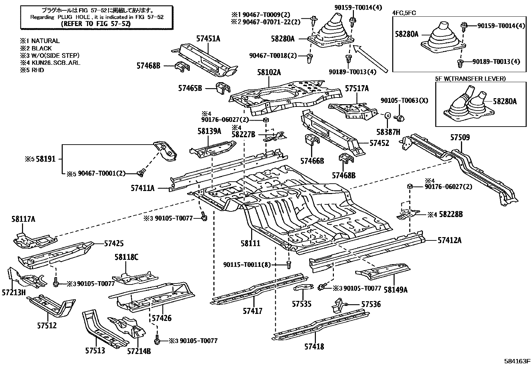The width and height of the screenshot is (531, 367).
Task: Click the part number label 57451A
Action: [208, 38]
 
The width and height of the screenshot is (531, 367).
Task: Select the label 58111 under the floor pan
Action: [250, 243]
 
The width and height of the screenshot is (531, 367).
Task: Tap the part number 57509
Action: [460, 137]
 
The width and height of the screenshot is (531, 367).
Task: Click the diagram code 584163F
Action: [517, 361]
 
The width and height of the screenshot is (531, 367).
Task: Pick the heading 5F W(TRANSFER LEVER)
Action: [470, 79]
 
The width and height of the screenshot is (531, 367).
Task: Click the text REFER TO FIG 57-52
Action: [96, 23]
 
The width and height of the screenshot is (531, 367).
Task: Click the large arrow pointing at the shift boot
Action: [370, 59]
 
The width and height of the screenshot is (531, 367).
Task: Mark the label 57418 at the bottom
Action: [314, 347]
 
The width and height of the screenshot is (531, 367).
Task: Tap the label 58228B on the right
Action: [450, 214]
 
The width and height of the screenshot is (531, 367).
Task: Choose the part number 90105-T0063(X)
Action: [405, 100]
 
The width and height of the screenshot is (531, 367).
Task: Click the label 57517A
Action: [357, 88]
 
